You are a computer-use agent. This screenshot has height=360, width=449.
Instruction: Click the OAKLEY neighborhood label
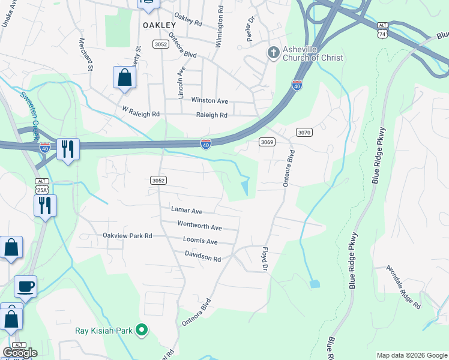[x=160, y=25]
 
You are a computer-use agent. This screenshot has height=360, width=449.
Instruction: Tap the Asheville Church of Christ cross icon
[x=274, y=53]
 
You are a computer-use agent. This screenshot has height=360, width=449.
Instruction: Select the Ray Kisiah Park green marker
[x=142, y=329]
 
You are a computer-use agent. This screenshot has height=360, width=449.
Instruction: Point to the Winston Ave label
[x=209, y=101]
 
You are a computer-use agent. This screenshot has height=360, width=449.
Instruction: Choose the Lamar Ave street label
[x=187, y=211]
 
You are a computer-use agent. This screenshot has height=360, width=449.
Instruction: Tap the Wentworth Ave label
[x=199, y=227]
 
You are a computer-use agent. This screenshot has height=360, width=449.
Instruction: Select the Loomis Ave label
[x=200, y=241]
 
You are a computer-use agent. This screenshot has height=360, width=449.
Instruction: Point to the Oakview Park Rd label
[x=127, y=236]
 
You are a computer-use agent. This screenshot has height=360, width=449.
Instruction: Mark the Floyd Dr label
[x=265, y=257]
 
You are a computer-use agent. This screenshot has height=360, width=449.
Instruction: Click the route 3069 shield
[x=267, y=142]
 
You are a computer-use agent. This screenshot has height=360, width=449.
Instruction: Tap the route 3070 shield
[x=304, y=132]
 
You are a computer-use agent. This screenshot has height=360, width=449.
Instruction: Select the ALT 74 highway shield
[x=382, y=31]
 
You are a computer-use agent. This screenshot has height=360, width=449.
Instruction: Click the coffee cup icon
[x=25, y=286]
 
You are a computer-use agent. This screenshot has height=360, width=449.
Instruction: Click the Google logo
[x=20, y=353]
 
